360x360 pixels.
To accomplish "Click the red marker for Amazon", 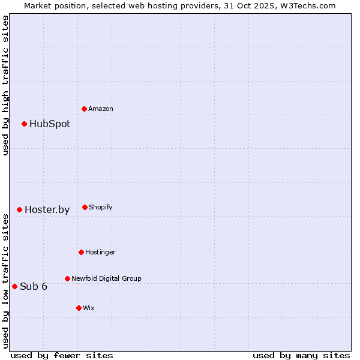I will point(85,109).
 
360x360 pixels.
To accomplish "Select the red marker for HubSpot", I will point(25,124).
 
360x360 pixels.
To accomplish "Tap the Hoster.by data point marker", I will point(20,209).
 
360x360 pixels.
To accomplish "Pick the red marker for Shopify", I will point(85,207).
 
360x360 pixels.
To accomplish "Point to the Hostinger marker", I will point(82,252).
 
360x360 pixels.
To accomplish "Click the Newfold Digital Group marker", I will point(68,278).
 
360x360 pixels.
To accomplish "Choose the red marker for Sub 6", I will point(15,286).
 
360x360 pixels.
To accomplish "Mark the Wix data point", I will point(79,308).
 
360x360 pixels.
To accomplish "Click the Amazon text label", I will point(101,109).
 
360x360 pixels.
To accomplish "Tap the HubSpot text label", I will point(50,124).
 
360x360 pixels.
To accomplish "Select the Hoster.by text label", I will point(47,209).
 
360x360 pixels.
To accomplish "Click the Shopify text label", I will point(101,207).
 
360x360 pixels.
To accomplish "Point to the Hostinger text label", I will point(100,252).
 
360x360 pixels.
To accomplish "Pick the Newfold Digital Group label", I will point(106,278).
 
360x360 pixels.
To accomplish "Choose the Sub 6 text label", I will point(34,286).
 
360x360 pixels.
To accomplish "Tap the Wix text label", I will point(89,308).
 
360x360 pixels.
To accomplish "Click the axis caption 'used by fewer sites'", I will point(62,355).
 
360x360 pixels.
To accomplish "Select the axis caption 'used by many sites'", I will point(301,355).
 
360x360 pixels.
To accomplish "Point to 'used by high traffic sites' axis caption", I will point(5,85).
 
